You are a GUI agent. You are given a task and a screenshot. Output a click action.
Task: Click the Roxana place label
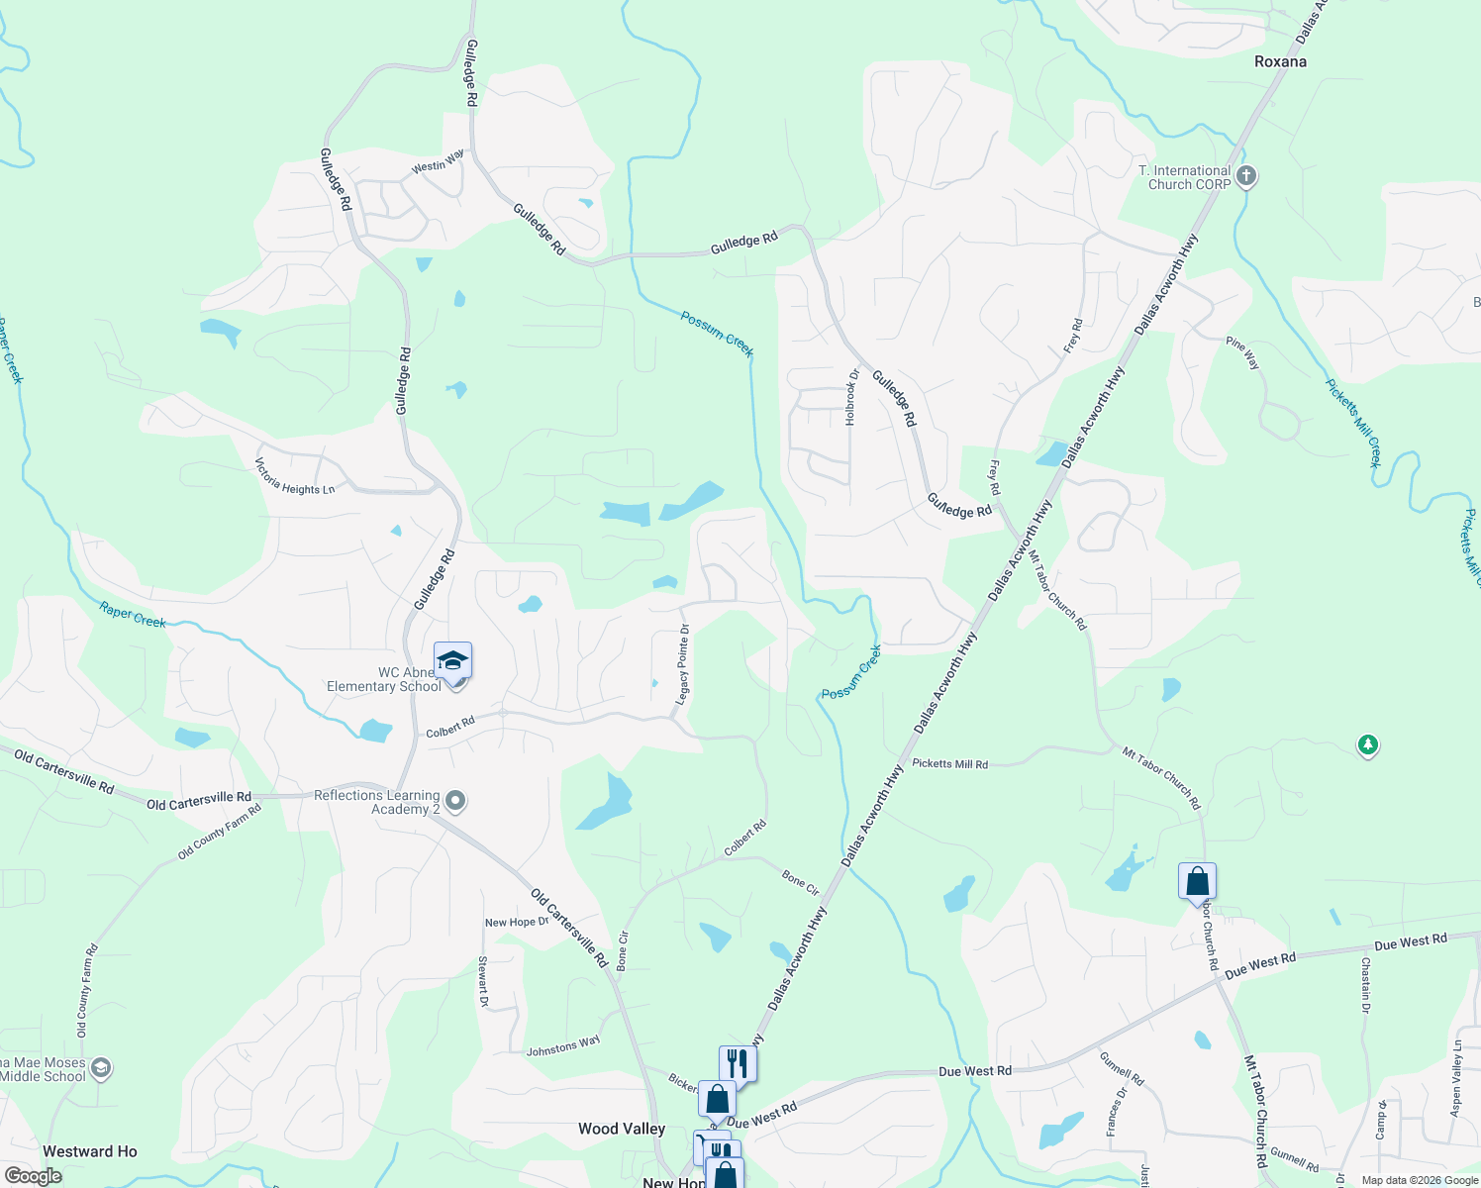point(1280,61)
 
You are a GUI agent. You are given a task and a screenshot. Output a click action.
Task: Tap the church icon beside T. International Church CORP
point(1246,177)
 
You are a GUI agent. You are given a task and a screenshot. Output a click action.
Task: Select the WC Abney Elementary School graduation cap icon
point(452,660)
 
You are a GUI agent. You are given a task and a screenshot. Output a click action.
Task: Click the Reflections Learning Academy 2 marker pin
point(455,801)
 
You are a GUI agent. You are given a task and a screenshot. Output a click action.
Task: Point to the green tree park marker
point(1368,744)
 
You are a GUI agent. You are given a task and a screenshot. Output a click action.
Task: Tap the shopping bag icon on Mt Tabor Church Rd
point(1197,881)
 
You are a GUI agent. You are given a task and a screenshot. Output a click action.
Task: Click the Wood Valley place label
point(622,1129)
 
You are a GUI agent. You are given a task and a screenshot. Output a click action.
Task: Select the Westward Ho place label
point(90,1151)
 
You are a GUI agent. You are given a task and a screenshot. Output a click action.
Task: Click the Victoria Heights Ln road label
point(294,476)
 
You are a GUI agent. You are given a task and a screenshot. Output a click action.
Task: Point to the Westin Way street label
point(438,161)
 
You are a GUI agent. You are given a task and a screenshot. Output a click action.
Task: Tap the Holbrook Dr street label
point(850,397)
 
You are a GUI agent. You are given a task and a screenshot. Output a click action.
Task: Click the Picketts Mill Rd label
point(949,764)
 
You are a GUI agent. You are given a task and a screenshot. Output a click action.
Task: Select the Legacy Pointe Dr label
point(682,665)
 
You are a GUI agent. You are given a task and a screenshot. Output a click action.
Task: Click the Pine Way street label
point(1242,353)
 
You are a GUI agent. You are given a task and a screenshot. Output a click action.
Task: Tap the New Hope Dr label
point(517,923)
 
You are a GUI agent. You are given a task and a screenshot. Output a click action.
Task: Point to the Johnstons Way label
point(563,1045)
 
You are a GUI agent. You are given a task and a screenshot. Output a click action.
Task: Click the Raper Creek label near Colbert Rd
point(133,615)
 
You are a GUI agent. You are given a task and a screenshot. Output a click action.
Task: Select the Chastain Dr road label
point(1365,985)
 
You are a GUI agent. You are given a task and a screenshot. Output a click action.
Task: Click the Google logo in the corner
point(34,1176)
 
